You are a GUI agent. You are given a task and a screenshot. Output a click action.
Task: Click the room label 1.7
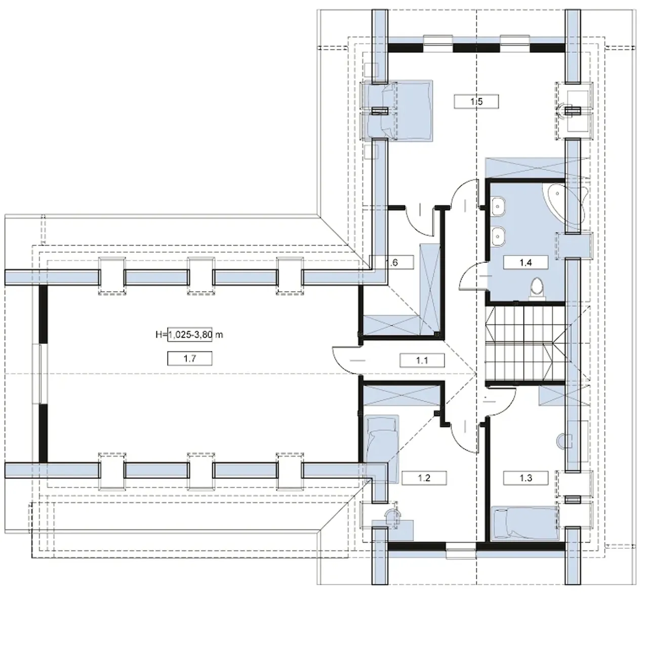(190, 358)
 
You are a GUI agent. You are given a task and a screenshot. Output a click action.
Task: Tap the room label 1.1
(422, 360)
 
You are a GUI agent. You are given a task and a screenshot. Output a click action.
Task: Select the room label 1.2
(424, 478)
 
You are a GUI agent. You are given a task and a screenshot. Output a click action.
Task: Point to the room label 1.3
(525, 478)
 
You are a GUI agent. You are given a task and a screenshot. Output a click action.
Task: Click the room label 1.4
(525, 262)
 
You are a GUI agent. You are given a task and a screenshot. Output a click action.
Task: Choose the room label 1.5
(476, 101)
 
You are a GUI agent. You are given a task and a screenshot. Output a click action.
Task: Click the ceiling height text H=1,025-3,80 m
(189, 334)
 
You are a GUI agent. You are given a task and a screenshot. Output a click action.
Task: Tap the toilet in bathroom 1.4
(537, 288)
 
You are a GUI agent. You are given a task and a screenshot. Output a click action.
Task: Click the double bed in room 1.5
(400, 110)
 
